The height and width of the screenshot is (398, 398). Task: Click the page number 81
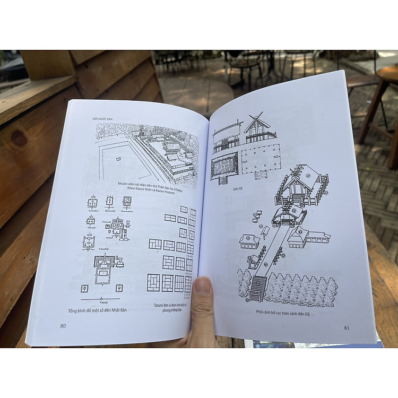click(347, 327)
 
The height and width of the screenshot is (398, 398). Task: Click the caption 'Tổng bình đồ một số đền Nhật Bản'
click(98, 310)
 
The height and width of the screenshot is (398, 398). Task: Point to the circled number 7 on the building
click(300, 232)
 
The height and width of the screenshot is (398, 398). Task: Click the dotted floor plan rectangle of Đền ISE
click(260, 159)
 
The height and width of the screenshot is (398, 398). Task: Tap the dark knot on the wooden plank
click(20, 138)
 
